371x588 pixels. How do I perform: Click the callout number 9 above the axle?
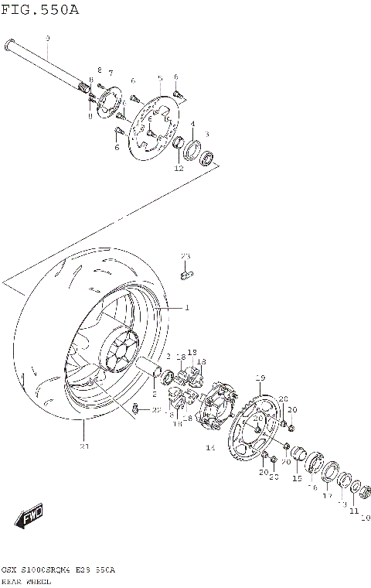[x=47, y=38]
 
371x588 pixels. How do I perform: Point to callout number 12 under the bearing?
[x=179, y=168]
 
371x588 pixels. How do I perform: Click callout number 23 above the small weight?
[x=185, y=256]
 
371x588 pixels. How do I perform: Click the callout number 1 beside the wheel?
[x=186, y=307]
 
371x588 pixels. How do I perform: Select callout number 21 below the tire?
[x=84, y=446]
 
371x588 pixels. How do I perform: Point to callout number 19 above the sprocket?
[x=260, y=377]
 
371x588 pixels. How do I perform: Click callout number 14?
[x=209, y=448]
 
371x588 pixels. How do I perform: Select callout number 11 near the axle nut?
[x=353, y=511]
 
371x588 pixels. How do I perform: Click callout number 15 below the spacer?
[x=297, y=479]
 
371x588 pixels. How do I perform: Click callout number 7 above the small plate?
[x=111, y=72]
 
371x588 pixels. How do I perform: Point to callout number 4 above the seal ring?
[x=192, y=124]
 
